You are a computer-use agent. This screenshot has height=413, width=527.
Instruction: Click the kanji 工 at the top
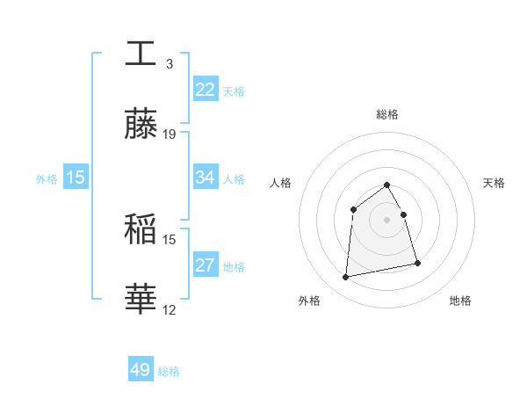[x=141, y=53]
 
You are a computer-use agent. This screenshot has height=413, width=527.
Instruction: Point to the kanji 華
[x=141, y=300]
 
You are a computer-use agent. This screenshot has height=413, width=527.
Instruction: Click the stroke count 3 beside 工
[x=169, y=63]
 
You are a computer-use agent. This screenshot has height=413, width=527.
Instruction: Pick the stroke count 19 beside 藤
[x=170, y=134]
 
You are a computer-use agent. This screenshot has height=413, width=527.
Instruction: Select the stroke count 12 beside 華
[x=170, y=310]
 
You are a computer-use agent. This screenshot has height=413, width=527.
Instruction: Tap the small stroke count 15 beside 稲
[x=170, y=239]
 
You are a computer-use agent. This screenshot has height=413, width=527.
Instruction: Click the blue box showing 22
[x=205, y=90]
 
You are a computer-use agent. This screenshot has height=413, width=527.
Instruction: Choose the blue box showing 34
[x=205, y=178]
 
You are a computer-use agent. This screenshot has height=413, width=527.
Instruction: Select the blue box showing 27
[x=205, y=265]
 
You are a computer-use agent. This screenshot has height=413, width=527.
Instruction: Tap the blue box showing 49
[x=141, y=370]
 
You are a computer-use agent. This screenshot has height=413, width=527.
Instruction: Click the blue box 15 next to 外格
[x=76, y=178]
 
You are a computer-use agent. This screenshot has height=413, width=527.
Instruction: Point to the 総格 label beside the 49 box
[x=169, y=372]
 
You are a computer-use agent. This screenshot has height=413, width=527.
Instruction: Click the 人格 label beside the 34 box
[x=234, y=178]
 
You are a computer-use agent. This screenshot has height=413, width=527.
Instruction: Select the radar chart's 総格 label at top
[x=386, y=114]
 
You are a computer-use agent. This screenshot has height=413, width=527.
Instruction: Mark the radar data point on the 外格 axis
[x=346, y=278]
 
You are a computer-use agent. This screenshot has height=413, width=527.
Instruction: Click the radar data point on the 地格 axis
[x=417, y=263]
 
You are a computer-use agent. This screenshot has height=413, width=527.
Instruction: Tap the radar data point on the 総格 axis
[x=386, y=185]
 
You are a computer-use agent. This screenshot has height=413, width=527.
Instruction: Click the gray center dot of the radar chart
[x=386, y=220]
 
